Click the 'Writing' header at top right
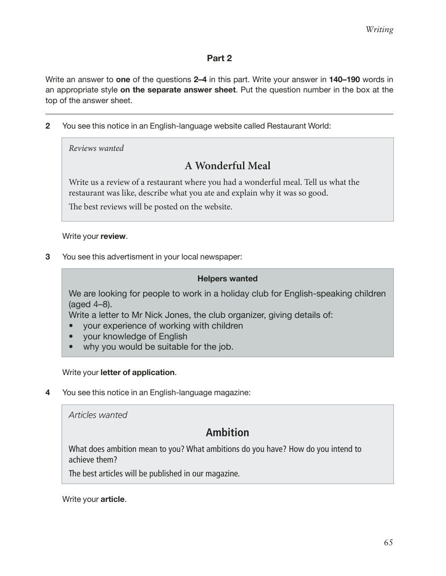point(379,29)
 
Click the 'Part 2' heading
point(219,58)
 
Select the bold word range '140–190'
point(344,79)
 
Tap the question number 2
point(48,126)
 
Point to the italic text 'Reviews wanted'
point(96,148)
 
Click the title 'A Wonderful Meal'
point(227,166)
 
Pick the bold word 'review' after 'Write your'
point(113,236)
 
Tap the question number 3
point(48,257)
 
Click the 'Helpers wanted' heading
point(227,279)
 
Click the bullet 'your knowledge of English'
point(135,336)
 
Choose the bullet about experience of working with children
point(163,326)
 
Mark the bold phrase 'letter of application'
point(137,372)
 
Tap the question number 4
point(48,392)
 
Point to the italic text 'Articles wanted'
point(98,415)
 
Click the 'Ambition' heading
point(227,432)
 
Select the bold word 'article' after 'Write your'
point(112,499)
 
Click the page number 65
point(388,543)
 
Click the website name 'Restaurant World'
point(298,126)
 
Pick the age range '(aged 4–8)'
point(90,305)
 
